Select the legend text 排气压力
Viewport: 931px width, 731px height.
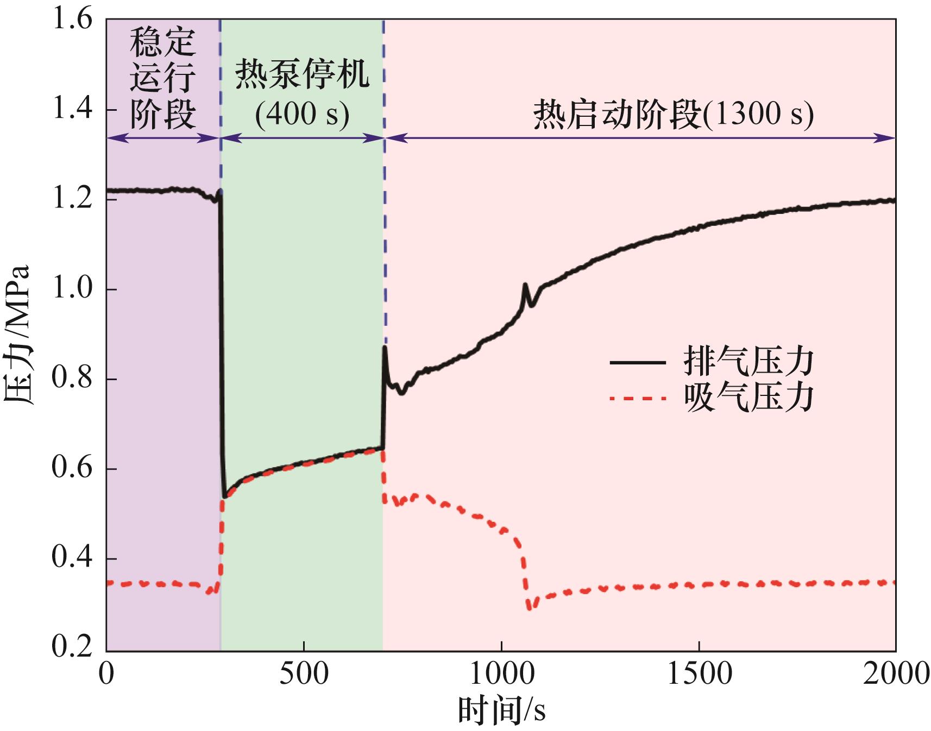point(748,362)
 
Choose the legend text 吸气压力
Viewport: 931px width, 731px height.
point(748,399)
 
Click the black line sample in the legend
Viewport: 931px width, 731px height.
point(638,362)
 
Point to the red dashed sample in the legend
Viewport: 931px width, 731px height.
point(638,399)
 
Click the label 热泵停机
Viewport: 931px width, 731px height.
point(302,75)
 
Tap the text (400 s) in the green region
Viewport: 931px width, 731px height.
point(302,114)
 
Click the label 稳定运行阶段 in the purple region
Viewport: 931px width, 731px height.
point(163,79)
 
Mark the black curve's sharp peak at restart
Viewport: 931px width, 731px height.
point(385,347)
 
